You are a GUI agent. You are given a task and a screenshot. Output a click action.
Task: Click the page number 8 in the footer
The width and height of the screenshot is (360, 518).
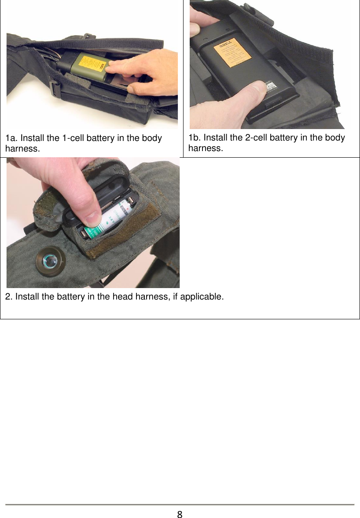[180, 513]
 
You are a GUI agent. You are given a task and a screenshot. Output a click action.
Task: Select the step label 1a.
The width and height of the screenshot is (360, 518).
[11, 138]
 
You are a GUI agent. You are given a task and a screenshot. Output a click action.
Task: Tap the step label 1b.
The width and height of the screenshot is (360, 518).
[194, 138]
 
